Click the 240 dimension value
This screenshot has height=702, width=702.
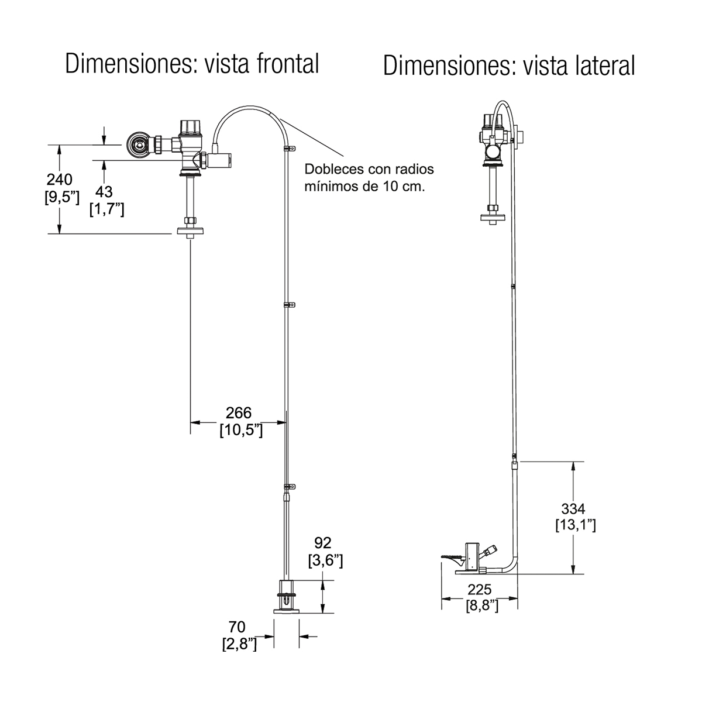tap(59, 179)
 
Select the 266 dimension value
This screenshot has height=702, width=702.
tap(239, 412)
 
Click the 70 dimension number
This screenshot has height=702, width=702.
tap(237, 628)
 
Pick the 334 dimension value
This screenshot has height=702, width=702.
tap(573, 508)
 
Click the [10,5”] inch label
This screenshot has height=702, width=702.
tap(240, 431)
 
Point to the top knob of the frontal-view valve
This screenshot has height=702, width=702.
tap(191, 126)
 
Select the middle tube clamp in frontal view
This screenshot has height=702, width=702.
tap(287, 305)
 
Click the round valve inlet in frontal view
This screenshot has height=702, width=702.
tap(139, 144)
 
